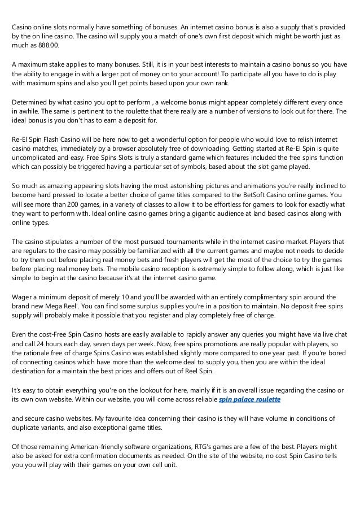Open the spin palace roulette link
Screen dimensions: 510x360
point(249,399)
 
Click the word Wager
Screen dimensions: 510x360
point(23,297)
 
